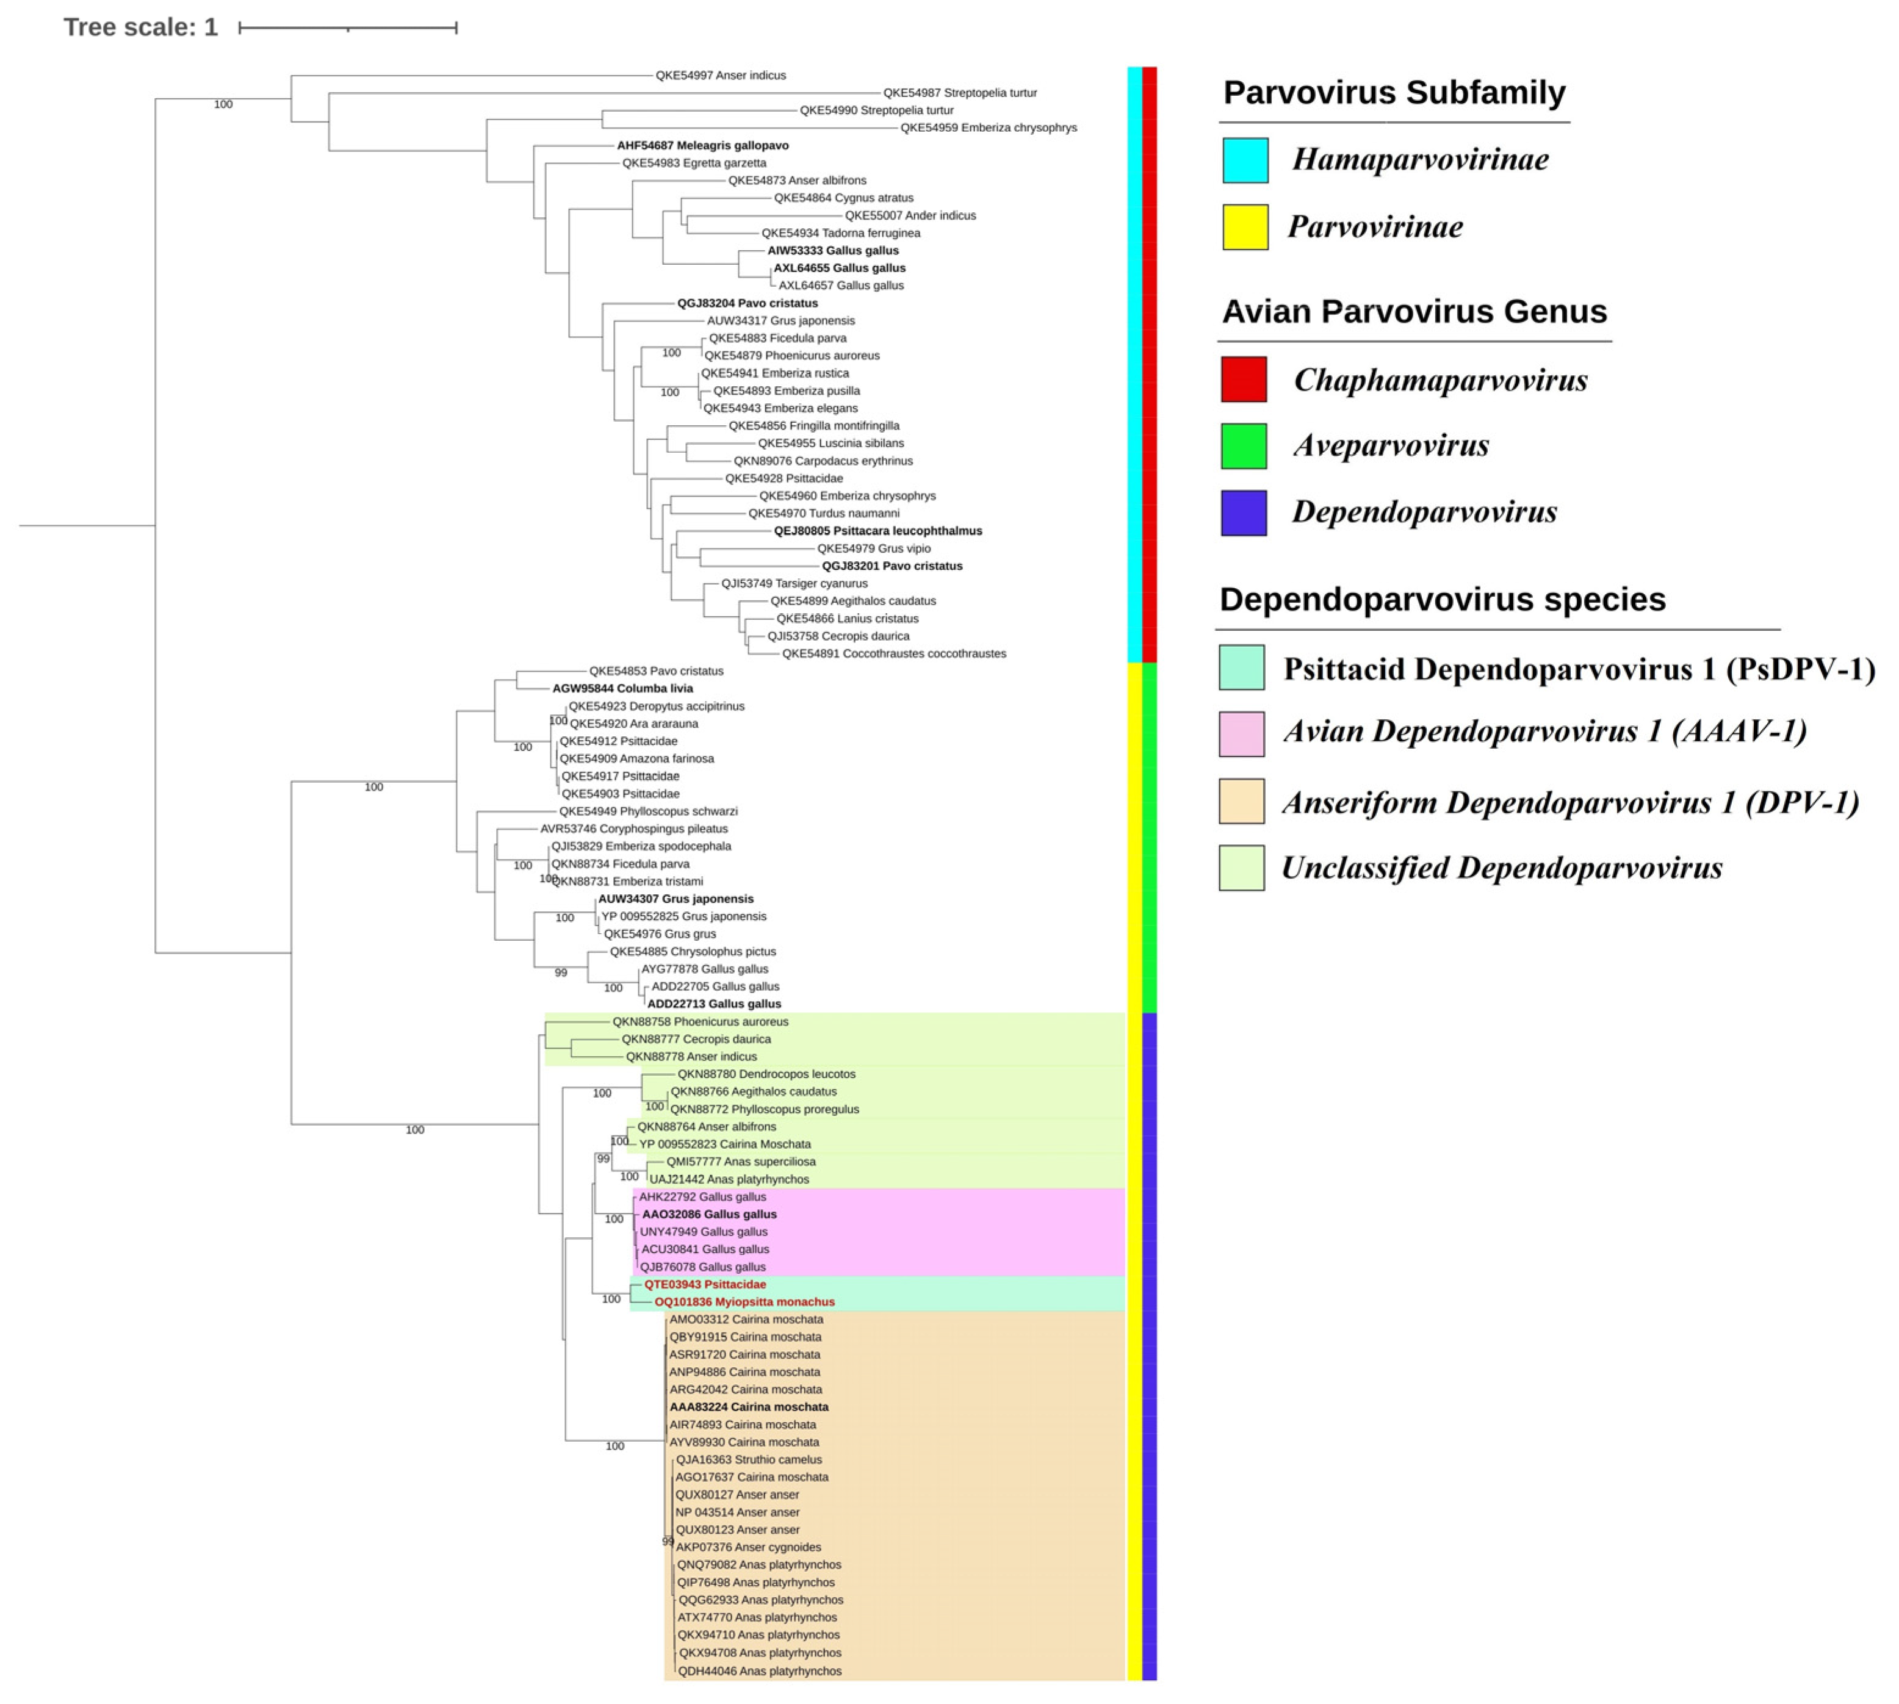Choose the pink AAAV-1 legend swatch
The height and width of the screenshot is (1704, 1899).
(x=1241, y=733)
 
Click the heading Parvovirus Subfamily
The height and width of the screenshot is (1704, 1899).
(x=1393, y=93)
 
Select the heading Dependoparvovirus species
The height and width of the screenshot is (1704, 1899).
(x=1441, y=599)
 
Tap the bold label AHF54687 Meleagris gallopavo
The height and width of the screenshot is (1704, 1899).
(x=702, y=145)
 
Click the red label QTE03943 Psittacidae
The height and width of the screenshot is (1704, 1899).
(x=704, y=1284)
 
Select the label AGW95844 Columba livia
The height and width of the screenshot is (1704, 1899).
(x=622, y=688)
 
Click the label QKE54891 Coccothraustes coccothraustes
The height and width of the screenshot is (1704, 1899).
(x=893, y=653)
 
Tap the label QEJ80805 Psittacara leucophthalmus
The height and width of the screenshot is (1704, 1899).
(x=877, y=531)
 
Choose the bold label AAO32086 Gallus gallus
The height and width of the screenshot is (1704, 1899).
(x=709, y=1214)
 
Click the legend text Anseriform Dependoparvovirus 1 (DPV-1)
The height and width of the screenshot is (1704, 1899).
(x=1569, y=802)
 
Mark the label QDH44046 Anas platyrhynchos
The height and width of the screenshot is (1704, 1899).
(x=759, y=1670)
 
